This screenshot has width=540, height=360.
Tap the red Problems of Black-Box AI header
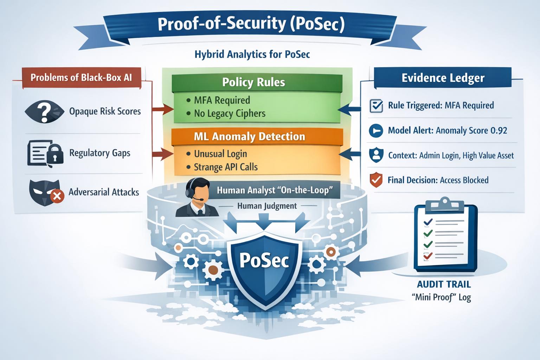tap(81, 77)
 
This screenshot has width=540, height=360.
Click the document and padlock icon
tap(45, 153)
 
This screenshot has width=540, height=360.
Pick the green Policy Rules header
tap(253, 82)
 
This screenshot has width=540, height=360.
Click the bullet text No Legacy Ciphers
tap(230, 114)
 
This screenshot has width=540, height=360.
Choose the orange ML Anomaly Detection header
tap(250, 136)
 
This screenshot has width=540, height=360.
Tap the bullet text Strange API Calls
tap(226, 167)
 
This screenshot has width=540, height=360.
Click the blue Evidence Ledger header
tap(443, 78)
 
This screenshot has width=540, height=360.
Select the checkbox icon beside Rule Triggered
tap(376, 105)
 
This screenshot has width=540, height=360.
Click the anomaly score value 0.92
tap(499, 131)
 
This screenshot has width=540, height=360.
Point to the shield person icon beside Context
tap(376, 155)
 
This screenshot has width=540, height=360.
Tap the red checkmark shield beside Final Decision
tap(376, 180)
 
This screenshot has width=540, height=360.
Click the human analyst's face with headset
tap(199, 192)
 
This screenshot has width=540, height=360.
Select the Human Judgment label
tap(267, 206)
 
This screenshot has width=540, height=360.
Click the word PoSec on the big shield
tap(264, 261)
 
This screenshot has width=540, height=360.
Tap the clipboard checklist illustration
tap(445, 238)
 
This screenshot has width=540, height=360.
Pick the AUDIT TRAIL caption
tap(444, 284)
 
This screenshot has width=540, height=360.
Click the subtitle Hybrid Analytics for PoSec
tap(252, 54)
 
